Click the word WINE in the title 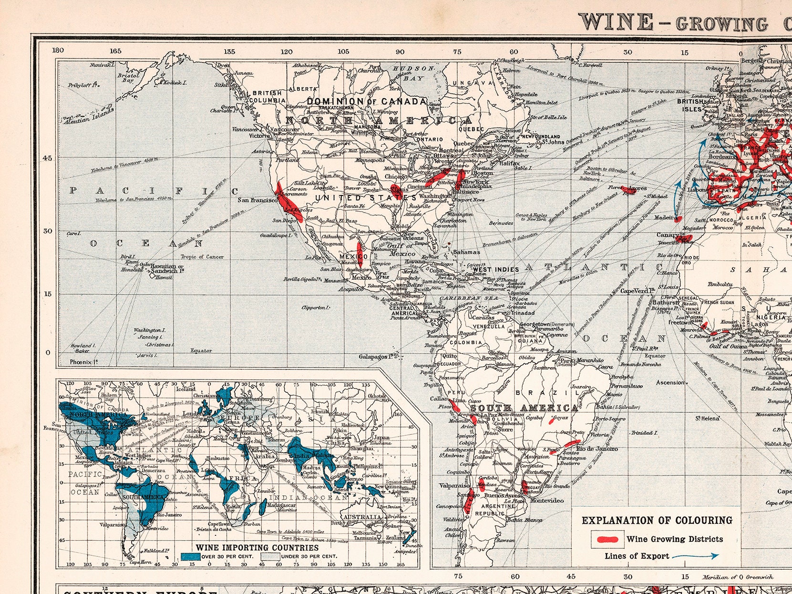pos(616,22)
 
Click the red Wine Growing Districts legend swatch pos(607,539)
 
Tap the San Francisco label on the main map pos(257,200)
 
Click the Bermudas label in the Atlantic pos(501,223)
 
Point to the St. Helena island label pos(707,419)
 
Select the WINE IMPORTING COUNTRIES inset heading pos(257,548)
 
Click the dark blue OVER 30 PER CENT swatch pos(190,556)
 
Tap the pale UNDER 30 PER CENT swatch pos(269,556)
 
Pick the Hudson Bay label pos(413,73)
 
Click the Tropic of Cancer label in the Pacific pos(202,257)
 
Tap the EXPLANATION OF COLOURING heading pos(657,521)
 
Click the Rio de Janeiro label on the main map pos(597,449)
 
